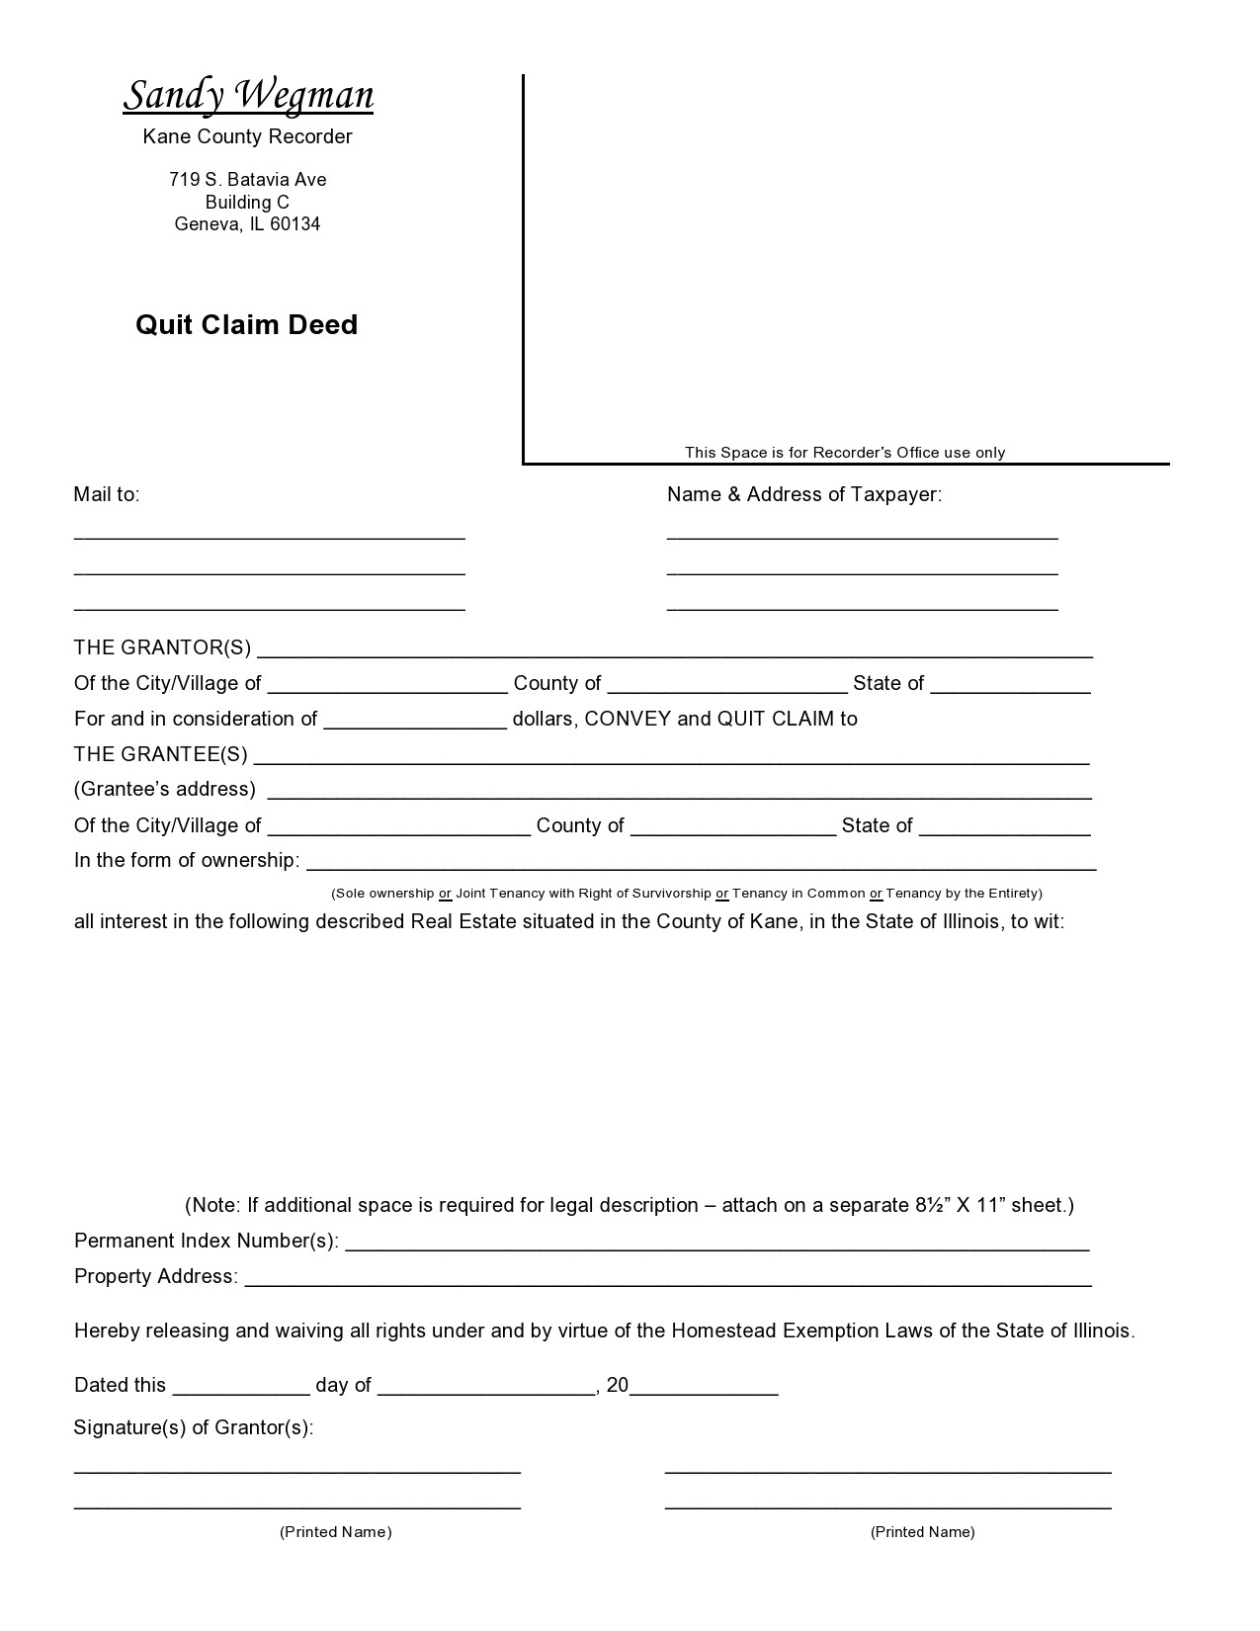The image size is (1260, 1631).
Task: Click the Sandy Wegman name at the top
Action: point(248,96)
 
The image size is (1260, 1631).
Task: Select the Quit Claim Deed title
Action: point(246,325)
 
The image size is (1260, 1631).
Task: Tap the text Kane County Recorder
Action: point(247,136)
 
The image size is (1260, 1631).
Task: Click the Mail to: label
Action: point(107,494)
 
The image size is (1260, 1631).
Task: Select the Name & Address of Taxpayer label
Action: point(803,494)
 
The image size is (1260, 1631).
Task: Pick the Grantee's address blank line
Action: point(680,794)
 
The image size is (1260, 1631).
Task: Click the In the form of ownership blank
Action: point(701,865)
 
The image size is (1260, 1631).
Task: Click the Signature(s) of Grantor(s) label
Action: point(194,1427)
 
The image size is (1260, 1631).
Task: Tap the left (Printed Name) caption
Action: point(336,1532)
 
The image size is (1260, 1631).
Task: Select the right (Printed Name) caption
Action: point(922,1532)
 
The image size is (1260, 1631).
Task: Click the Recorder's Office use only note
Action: point(845,453)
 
